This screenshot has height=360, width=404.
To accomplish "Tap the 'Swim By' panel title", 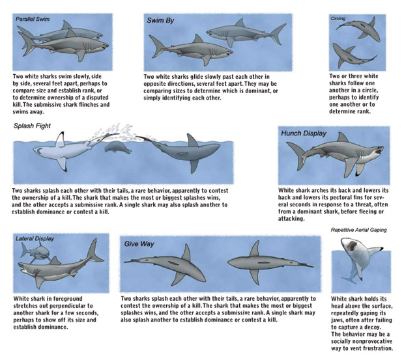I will (x=160, y=21).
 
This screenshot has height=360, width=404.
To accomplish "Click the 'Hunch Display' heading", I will (x=304, y=133).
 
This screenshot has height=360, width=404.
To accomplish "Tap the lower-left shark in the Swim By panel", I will (x=184, y=49).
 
